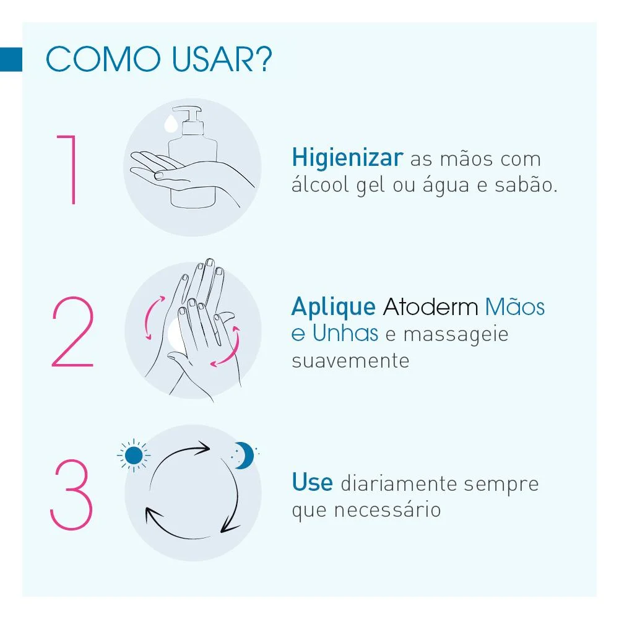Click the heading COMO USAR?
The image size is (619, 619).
tap(159, 59)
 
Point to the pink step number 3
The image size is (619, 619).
tap(71, 494)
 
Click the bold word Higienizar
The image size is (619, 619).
tap(347, 158)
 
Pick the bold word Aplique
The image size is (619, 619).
tap(333, 306)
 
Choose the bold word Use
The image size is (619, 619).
tap(312, 483)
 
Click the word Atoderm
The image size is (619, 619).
tap(430, 306)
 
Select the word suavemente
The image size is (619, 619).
tap(350, 360)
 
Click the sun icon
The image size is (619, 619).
tap(133, 456)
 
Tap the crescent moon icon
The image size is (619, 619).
tap(244, 456)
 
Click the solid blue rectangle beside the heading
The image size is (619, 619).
tap(11, 59)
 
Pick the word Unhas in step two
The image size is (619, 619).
tap(345, 333)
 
